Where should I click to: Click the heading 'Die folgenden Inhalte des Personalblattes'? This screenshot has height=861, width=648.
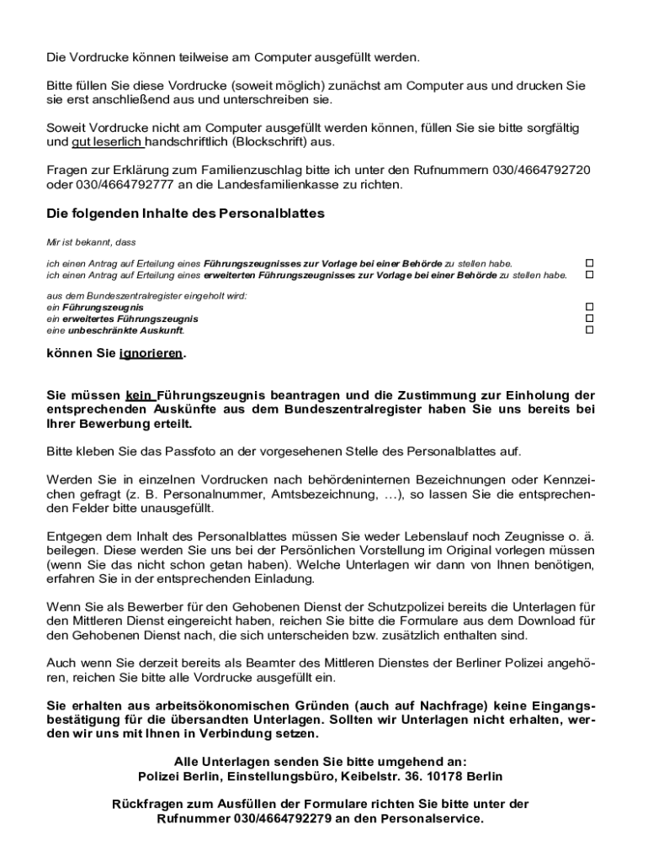click(x=185, y=214)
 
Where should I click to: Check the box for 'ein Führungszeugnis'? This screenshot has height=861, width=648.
click(x=589, y=308)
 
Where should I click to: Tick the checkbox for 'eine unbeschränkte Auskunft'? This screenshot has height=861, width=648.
click(x=589, y=330)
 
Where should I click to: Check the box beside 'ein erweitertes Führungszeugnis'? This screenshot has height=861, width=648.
click(x=589, y=319)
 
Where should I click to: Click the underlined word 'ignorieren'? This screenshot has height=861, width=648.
click(x=151, y=353)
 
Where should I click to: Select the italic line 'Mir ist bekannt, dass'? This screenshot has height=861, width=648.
click(x=91, y=242)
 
